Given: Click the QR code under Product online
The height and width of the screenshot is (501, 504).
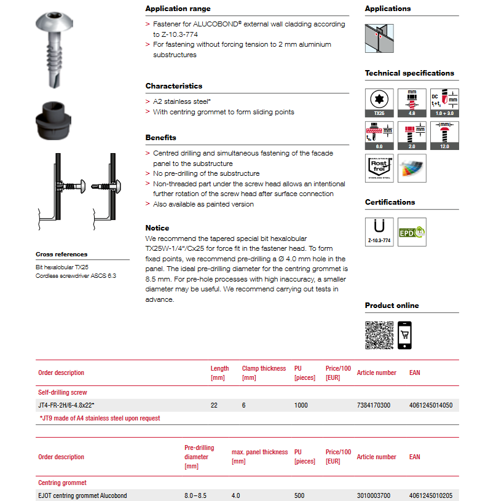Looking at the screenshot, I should tap(379, 335).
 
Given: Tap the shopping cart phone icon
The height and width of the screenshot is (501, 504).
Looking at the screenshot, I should tap(405, 335).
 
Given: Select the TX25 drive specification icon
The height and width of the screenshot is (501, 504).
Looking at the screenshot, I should tap(379, 103).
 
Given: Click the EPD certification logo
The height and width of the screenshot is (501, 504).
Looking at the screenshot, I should tap(412, 232).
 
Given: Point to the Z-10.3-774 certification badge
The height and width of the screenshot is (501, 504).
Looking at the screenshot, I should tap(379, 232).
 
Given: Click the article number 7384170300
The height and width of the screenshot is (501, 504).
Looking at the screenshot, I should tap(373, 405).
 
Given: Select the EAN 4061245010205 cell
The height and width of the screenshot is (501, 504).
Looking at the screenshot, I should tap(430, 495).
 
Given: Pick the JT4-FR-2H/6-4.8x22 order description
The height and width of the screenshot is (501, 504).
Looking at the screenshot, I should tap(66, 405).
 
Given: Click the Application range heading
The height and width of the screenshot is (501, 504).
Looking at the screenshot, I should tap(178, 9).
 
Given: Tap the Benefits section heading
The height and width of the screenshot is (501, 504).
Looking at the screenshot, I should tap(160, 138).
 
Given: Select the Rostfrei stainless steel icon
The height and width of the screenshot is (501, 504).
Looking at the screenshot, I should tap(379, 168).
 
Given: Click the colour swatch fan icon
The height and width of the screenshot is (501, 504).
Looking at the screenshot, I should tap(412, 168).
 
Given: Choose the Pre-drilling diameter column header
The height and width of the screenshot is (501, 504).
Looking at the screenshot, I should tap(199, 457).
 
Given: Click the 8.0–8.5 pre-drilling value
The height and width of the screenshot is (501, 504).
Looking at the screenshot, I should tap(196, 495).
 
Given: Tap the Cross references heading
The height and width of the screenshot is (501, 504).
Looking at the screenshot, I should tap(61, 254).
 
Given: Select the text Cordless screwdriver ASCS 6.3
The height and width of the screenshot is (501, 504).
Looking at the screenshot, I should tap(76, 276).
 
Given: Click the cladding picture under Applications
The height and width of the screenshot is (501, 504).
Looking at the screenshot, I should tap(379, 38).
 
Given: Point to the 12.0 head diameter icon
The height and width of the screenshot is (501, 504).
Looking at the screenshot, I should tap(444, 135).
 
